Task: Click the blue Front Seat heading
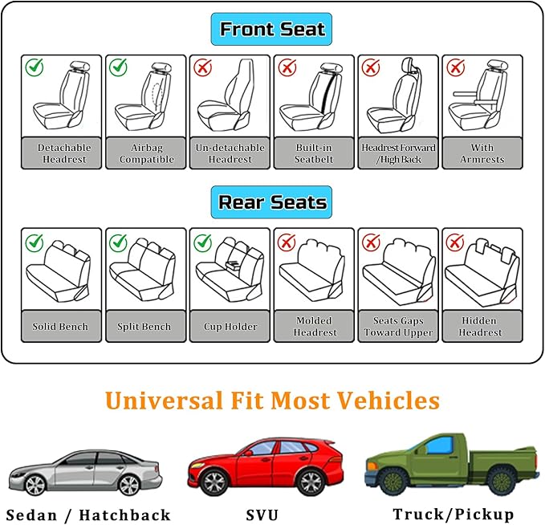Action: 272,30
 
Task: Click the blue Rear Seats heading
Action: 272,202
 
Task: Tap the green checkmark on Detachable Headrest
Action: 35,67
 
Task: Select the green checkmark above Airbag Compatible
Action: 119,67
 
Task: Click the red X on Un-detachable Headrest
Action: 202,67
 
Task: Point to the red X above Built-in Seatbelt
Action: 287,67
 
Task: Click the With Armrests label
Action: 482,153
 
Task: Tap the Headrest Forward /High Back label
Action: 398,153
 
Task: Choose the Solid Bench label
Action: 61,327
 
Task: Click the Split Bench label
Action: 145,327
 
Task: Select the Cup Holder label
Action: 230,327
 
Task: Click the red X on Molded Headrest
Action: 287,241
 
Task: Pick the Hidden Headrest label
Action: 482,327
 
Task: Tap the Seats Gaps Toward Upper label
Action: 398,327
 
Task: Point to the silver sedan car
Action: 83,472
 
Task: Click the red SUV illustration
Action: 265,466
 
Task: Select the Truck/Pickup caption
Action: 453,515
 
